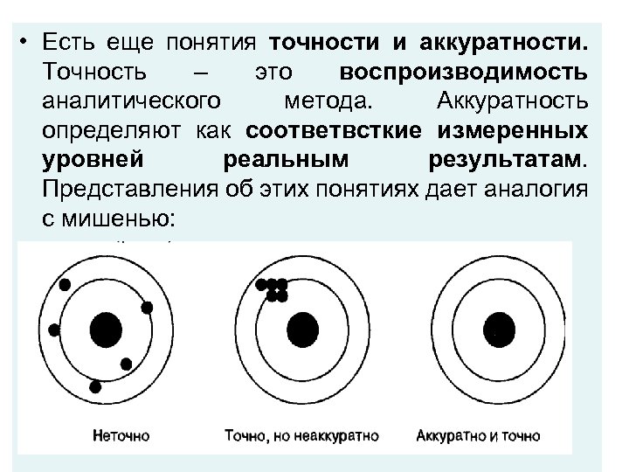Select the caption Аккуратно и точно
(479, 434)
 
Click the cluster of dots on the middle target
(277, 290)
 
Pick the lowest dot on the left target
(95, 385)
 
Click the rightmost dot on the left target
(147, 307)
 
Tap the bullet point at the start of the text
(30, 43)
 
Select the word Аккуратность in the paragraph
(510, 101)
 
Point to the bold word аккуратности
(504, 41)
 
